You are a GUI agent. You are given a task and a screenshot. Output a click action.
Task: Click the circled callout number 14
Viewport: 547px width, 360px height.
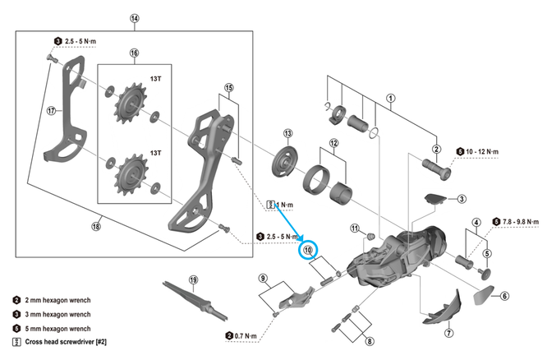[135, 19]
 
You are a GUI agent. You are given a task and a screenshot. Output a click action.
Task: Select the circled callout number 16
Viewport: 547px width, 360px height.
[135, 53]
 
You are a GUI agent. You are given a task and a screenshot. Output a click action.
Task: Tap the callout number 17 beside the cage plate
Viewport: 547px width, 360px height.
[51, 110]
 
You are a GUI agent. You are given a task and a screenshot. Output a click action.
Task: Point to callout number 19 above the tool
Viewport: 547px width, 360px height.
[194, 279]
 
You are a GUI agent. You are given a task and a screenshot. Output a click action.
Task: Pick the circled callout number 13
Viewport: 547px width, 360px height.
[288, 133]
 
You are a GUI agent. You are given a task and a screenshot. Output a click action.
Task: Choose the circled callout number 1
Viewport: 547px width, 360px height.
[390, 98]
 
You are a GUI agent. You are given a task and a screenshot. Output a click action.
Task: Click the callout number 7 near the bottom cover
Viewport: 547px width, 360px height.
[448, 333]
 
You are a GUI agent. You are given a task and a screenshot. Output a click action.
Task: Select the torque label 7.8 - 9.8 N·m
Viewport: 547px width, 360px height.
[520, 221]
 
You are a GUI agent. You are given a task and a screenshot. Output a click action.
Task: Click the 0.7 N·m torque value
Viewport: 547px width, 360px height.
[244, 335]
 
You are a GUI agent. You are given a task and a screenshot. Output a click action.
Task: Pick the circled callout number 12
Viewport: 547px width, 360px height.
[333, 143]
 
